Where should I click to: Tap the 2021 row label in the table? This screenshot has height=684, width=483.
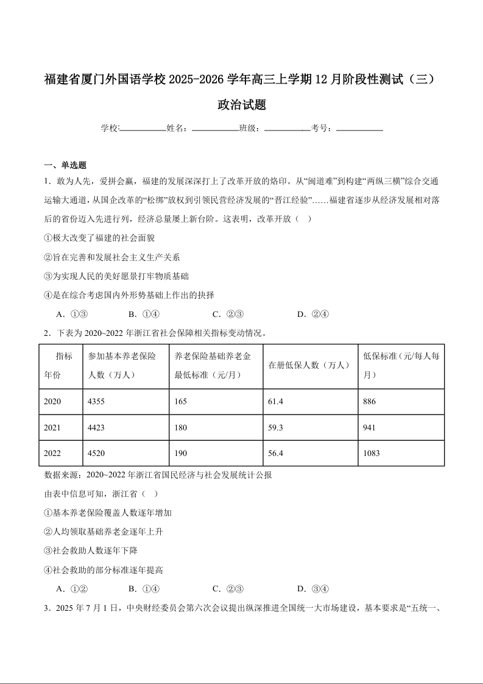pos(52,428)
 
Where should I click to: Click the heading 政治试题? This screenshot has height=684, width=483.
pos(242,105)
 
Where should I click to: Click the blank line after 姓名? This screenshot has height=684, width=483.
pos(215,129)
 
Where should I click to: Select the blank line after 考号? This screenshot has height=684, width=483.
pos(359,129)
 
